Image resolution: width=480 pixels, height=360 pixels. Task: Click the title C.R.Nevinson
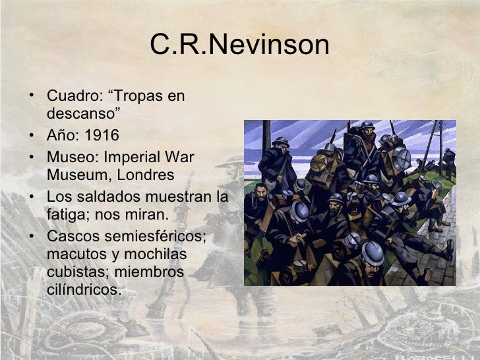[239, 45]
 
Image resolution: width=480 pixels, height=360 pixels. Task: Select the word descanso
[80, 114]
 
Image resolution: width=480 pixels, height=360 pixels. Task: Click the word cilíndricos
[84, 289]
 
